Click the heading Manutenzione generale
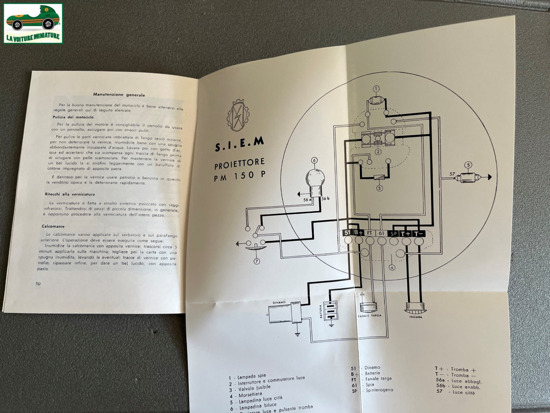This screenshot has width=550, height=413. (x=119, y=95)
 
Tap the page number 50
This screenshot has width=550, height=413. (x=38, y=283)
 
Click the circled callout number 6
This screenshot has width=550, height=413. (x=314, y=160)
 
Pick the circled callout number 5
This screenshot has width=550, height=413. (x=469, y=165)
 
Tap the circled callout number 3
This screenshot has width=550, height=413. (x=379, y=188)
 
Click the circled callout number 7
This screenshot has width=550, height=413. (x=257, y=261)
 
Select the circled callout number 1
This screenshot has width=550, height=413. (x=376, y=89)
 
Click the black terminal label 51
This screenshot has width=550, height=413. (x=347, y=233)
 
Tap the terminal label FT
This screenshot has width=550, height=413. (x=370, y=233)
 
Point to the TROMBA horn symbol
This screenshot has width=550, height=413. (x=415, y=307)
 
